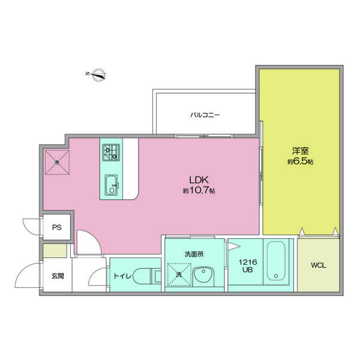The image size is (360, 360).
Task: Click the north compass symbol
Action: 97,74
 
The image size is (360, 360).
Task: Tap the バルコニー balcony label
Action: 205,115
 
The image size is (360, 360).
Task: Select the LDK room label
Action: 199,180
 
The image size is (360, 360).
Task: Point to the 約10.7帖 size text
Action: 199,190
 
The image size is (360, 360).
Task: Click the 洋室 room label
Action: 301,151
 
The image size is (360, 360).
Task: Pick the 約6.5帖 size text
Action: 301,161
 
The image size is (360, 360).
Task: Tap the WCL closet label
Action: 319,265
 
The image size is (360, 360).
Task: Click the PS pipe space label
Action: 57,227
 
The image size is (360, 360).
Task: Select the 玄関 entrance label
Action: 58,275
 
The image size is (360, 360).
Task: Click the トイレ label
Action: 122,275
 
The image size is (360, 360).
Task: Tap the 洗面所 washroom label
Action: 194,254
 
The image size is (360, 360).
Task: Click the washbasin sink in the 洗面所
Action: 203,277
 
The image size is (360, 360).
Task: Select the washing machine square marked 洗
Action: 179,275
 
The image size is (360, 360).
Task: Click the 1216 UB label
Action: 248,266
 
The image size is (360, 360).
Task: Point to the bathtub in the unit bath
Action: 276,260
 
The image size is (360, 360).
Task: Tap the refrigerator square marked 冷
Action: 57,163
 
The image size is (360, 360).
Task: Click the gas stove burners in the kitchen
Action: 111,152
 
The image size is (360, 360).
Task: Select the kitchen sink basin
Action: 112,185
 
